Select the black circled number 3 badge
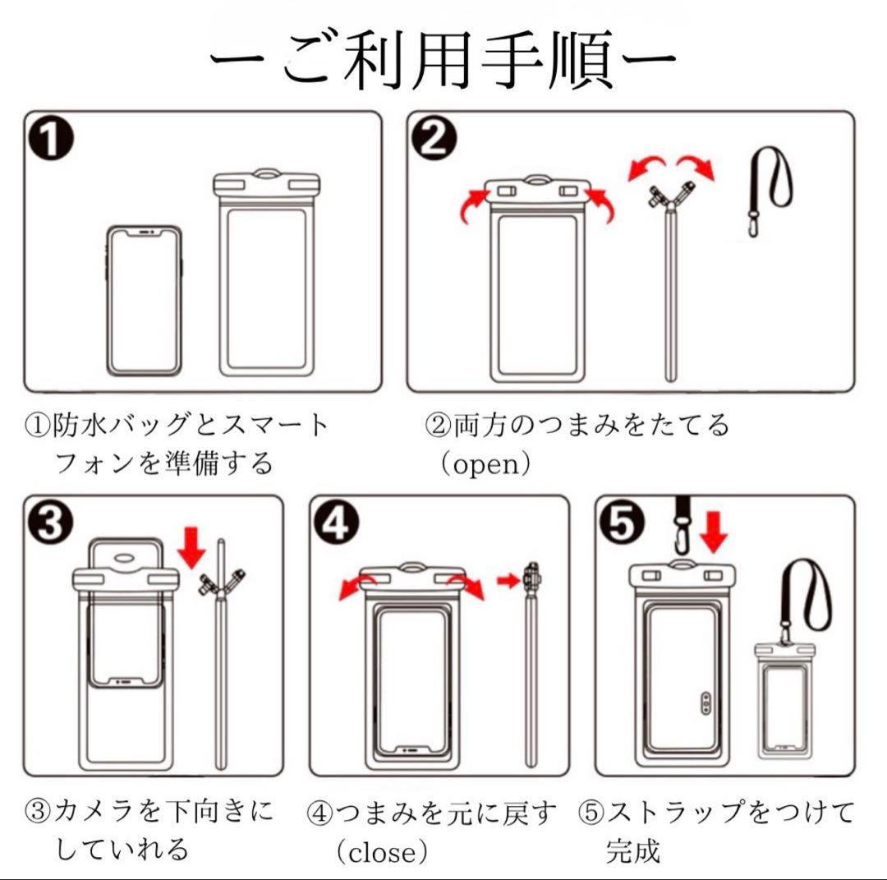pos(50,522)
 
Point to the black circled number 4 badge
pos(336,522)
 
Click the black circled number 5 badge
pos(622,522)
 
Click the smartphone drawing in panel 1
pos(145,301)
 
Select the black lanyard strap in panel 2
pos(770,191)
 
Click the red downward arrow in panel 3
pos(191,547)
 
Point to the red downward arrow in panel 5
pos(714,532)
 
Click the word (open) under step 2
pos(486,464)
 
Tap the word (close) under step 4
pos(383,852)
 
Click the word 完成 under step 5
pos(633,851)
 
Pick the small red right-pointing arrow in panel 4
pos(508,580)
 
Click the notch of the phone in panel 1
pos(145,232)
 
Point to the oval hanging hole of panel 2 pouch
pos(538,182)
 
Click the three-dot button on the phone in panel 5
pos(705,703)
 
